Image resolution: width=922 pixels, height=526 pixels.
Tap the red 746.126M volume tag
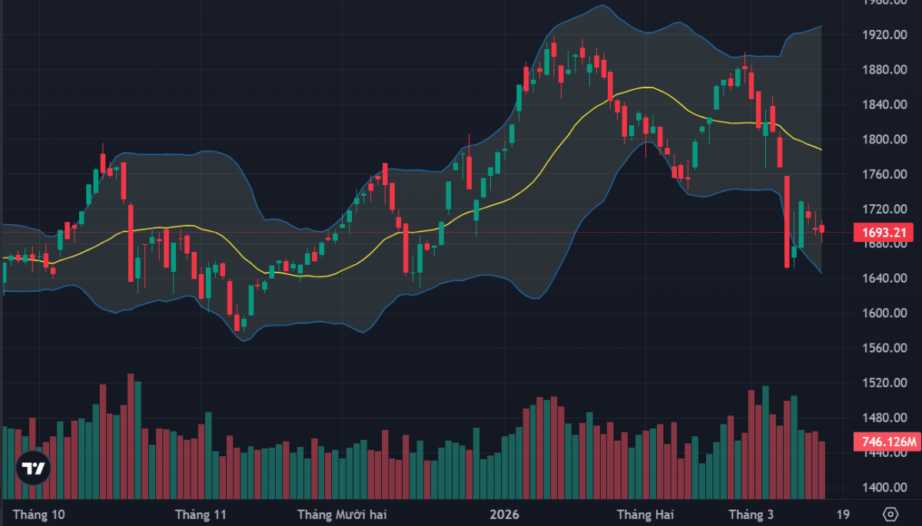(886, 442)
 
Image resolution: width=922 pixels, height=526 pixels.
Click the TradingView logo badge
(32, 468)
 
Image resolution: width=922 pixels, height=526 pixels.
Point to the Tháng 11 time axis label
(201, 514)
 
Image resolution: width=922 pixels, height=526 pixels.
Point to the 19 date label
(843, 514)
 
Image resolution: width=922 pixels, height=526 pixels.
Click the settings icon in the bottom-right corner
(890, 514)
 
